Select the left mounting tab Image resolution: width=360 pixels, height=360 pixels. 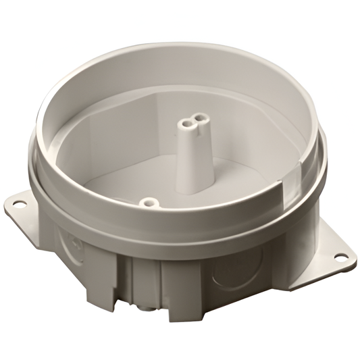pos(27,206)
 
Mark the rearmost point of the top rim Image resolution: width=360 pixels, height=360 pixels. pos(196,45)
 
